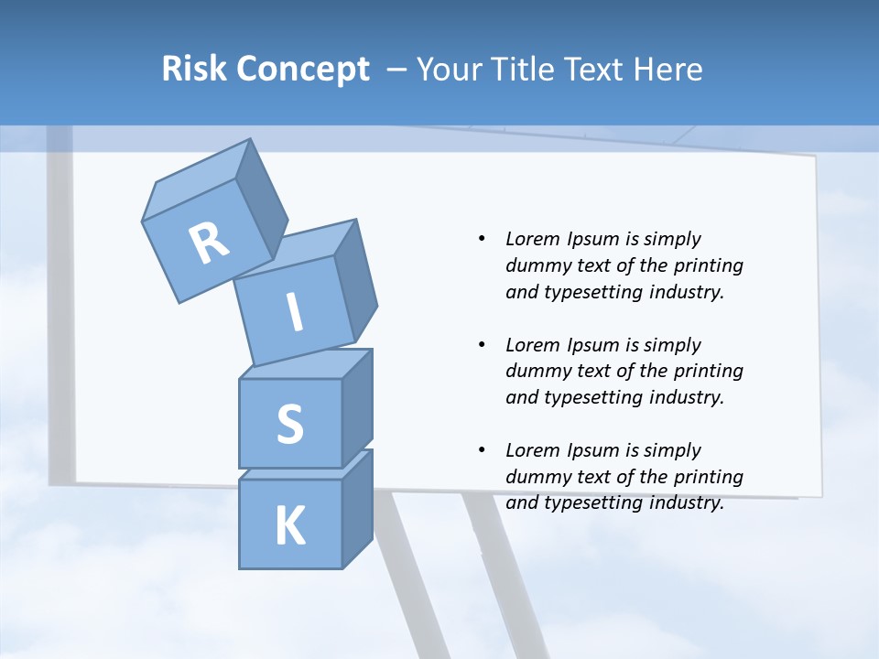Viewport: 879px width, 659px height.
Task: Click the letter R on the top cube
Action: coord(209,243)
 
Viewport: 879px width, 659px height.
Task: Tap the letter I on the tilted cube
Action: coord(295,313)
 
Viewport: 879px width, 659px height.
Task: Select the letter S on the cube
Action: coord(289,424)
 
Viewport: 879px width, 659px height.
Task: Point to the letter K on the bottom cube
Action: coord(289,527)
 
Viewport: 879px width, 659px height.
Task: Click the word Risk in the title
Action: coord(195,70)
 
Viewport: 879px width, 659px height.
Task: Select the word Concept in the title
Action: coord(305,70)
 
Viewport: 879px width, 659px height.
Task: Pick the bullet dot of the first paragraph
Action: coord(482,239)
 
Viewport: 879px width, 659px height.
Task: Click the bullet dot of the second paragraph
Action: coord(482,345)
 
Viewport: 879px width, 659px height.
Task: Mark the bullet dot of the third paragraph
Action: coord(482,450)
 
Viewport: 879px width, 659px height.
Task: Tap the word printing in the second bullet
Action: coord(709,371)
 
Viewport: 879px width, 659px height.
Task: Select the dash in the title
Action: coord(396,70)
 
